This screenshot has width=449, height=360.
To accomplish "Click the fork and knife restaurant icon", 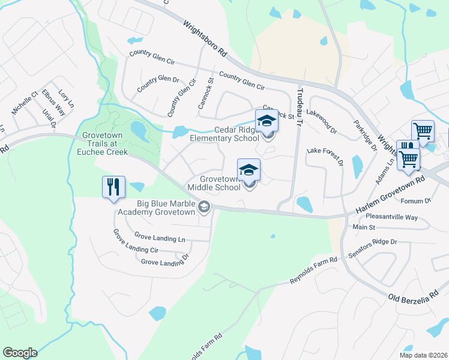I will tap(113, 187).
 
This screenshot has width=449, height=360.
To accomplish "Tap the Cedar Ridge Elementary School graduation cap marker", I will tap(267, 121).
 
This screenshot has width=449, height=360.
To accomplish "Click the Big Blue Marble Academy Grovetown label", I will tap(158, 207).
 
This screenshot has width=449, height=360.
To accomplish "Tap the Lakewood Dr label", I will tap(322, 112).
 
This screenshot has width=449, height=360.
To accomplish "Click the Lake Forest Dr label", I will tap(324, 155).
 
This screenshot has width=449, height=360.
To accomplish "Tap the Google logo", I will tap(20, 353).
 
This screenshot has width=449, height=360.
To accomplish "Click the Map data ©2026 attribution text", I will tap(423, 355).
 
